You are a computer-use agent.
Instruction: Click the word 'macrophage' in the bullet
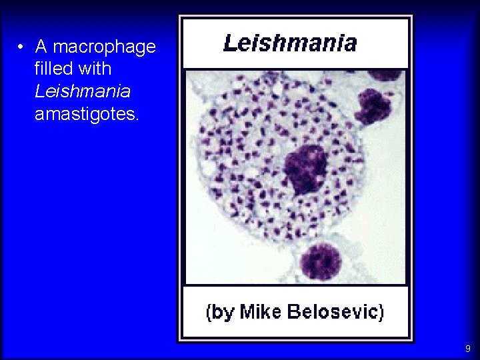tap(103, 47)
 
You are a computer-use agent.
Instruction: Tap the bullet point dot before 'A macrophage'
tap(21, 47)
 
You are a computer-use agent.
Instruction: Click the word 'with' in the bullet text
tap(93, 69)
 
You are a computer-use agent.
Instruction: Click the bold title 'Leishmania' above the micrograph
tap(290, 44)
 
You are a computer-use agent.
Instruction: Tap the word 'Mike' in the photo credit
tap(261, 312)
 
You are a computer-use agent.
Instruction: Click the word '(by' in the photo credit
tap(219, 312)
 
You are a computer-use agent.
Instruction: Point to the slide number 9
tap(468, 349)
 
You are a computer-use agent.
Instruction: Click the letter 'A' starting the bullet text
tap(41, 47)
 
